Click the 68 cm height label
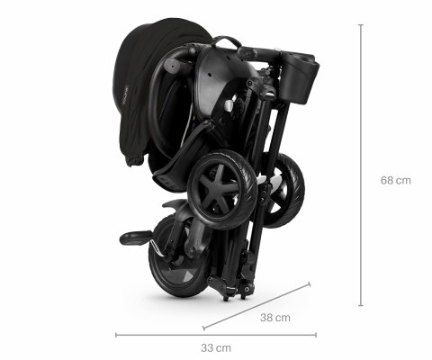[395, 180]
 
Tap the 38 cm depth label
[275, 317]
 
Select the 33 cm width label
[216, 347]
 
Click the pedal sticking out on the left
[136, 238]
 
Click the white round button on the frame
[229, 105]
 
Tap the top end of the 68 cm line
[362, 25]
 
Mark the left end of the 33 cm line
[116, 336]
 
